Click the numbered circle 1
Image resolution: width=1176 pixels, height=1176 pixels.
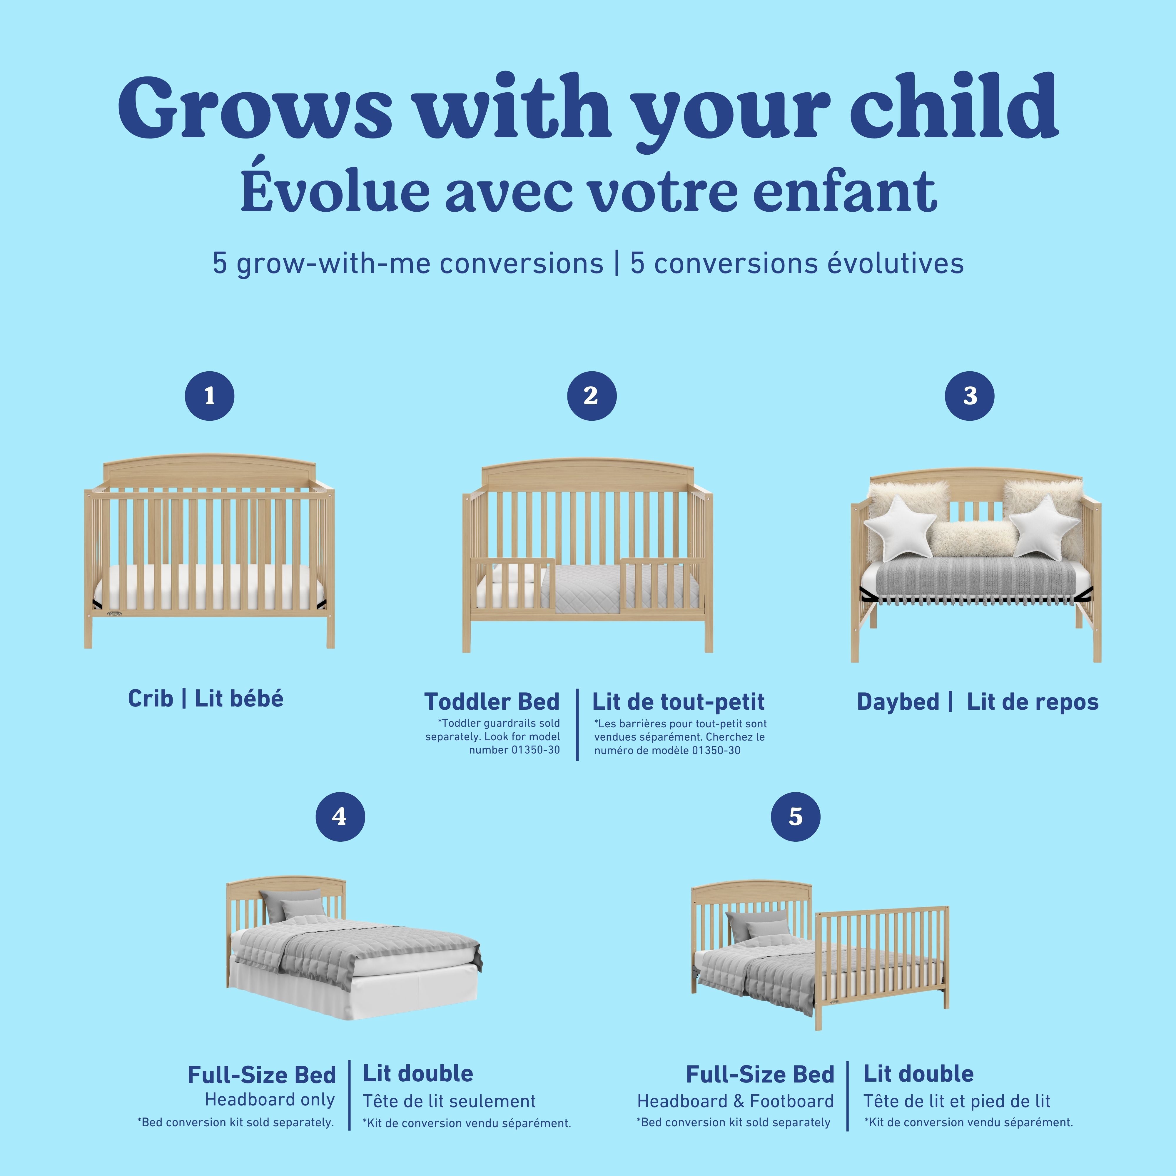click(209, 396)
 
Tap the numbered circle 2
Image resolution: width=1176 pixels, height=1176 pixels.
click(591, 396)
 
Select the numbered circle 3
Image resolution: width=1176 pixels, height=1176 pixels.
click(970, 396)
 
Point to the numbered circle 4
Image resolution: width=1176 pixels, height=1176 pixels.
click(340, 817)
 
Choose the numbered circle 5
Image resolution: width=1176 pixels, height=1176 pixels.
click(796, 817)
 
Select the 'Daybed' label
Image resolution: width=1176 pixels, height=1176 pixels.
click(898, 702)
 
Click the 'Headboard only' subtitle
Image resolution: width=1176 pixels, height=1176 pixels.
click(270, 1099)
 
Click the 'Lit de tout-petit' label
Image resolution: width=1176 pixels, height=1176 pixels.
click(678, 702)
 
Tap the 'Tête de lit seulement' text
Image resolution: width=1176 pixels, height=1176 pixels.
click(449, 1101)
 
